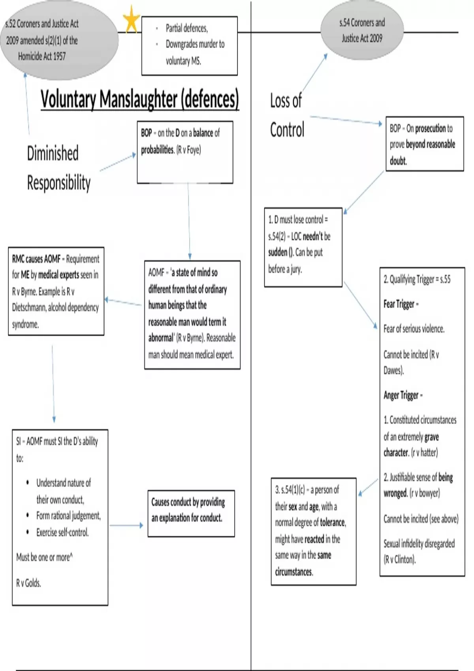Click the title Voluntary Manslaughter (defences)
pyautogui.click(x=140, y=99)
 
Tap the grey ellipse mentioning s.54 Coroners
pyautogui.click(x=362, y=30)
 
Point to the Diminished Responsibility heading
pyautogui.click(x=58, y=168)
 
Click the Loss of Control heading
pyautogui.click(x=287, y=115)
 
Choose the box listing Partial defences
pyautogui.click(x=190, y=45)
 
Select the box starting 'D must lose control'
pyautogui.click(x=303, y=247)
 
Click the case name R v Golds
pyautogui.click(x=28, y=583)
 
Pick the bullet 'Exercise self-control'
pyautogui.click(x=62, y=532)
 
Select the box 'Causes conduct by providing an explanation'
pyautogui.click(x=191, y=513)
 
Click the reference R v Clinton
pyautogui.click(x=399, y=559)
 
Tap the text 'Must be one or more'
pyautogui.click(x=44, y=557)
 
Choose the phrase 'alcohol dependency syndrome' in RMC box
pyautogui.click(x=55, y=316)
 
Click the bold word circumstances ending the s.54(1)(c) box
pyautogui.click(x=294, y=572)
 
